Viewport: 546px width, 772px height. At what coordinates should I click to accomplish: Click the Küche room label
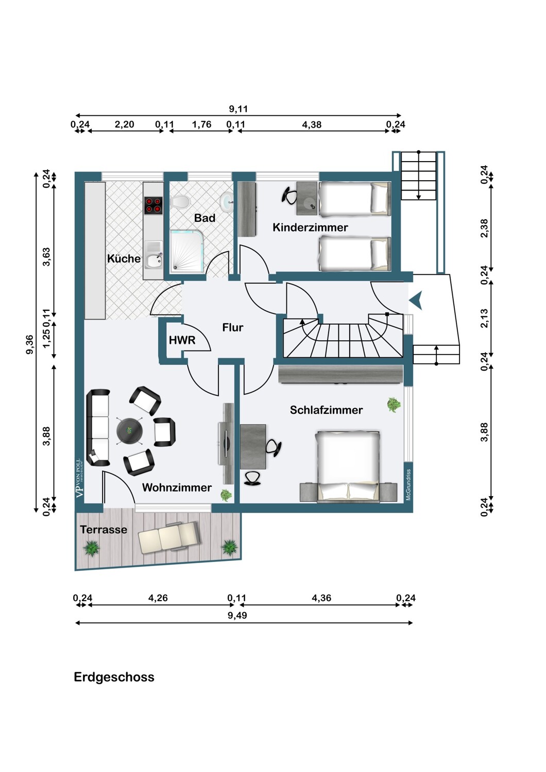tap(124, 258)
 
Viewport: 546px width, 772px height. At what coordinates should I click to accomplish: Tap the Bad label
tap(204, 218)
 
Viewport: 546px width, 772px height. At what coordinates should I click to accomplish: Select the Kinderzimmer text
tap(310, 227)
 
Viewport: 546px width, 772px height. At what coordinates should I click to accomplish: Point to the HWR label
tap(182, 341)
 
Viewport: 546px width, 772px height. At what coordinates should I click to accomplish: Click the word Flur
tap(232, 327)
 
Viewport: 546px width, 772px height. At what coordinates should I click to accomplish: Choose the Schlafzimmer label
tap(326, 410)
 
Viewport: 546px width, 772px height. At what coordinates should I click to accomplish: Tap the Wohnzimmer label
tap(177, 487)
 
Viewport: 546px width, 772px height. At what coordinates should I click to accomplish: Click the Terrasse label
tap(104, 530)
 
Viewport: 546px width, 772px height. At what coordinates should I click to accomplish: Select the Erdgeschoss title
tap(114, 677)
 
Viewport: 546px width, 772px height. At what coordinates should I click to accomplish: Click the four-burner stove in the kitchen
tap(153, 206)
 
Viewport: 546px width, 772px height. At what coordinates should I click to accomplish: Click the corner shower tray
tap(186, 251)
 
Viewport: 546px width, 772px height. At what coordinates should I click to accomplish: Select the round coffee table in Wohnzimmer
tap(129, 430)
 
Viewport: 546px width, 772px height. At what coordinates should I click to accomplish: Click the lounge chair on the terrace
tap(168, 538)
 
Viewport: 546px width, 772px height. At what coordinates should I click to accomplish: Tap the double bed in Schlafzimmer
tap(348, 465)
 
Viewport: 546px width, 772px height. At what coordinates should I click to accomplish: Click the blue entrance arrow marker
tap(416, 301)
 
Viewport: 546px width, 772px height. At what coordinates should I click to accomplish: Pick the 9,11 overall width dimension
tap(238, 109)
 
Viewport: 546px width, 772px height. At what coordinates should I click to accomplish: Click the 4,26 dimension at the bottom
tap(158, 598)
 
